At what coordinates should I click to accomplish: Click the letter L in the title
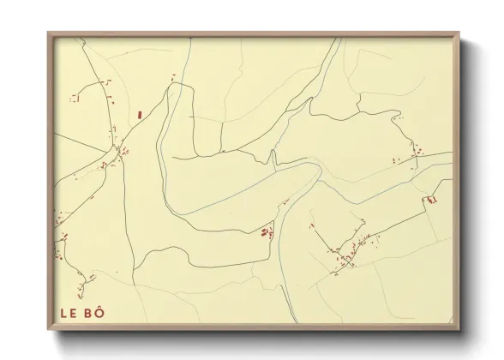pyautogui.click(x=63, y=315)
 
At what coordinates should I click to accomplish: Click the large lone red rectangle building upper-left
pyautogui.click(x=139, y=113)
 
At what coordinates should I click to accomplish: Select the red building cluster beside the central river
pyautogui.click(x=267, y=231)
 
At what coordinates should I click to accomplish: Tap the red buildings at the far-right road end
pyautogui.click(x=432, y=200)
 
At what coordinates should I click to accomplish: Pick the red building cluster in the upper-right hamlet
pyautogui.click(x=416, y=155)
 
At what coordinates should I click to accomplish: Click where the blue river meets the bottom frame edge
pyautogui.click(x=294, y=323)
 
